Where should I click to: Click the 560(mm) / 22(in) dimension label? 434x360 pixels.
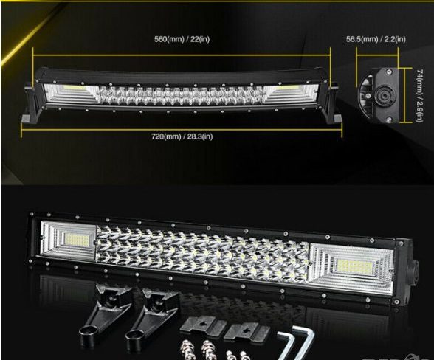pos(182,39)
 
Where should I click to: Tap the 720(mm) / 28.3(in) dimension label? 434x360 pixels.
pos(182,136)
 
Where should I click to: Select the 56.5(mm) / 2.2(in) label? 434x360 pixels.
pos(376,39)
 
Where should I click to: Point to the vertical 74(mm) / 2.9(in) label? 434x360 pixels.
pos(419,95)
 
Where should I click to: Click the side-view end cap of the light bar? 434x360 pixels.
pos(379,95)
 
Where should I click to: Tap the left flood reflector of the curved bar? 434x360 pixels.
pos(72,94)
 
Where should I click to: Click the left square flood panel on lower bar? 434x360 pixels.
pos(69,240)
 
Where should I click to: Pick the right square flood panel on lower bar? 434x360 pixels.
pos(351,266)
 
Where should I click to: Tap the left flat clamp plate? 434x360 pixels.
pos(199,325)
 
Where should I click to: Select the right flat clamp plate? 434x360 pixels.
pos(246,331)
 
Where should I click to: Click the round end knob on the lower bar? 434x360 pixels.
pos(414,269)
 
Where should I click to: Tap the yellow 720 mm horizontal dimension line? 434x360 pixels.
pos(182,130)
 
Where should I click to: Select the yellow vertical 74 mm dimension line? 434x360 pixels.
pos(404,95)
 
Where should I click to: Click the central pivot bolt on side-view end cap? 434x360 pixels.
pos(382,96)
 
